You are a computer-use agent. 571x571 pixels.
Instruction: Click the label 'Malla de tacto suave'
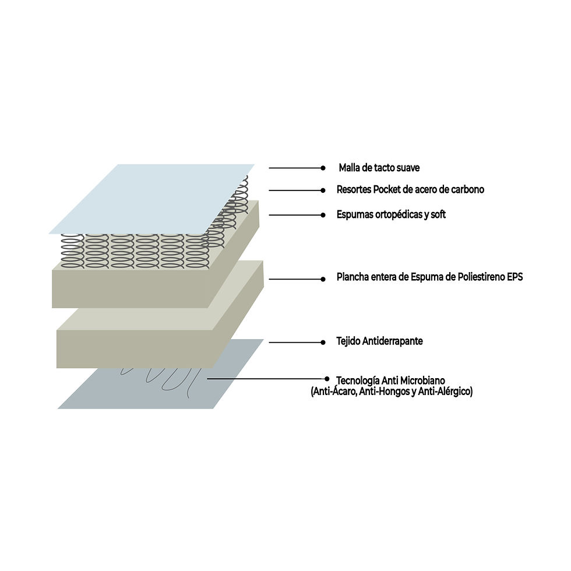point(379,168)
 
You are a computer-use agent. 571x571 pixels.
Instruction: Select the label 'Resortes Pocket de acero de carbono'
point(410,190)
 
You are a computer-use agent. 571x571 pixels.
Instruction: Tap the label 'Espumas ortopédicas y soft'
point(391,214)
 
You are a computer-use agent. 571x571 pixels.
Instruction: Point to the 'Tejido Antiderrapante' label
point(379,341)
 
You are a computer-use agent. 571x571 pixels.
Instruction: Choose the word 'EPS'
point(515,277)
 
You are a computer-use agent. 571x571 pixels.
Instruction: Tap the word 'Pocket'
point(386,190)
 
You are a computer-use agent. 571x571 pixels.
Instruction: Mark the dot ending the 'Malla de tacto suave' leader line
point(323,168)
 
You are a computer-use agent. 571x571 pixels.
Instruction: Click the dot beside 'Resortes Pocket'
point(323,190)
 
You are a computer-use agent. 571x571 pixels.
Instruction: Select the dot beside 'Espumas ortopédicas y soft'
point(323,215)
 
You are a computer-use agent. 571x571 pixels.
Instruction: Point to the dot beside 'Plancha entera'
point(323,279)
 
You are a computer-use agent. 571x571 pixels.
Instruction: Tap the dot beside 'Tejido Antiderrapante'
point(323,343)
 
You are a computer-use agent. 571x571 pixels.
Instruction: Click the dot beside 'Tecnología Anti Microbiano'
point(327,379)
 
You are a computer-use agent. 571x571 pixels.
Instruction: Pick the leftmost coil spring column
point(72,251)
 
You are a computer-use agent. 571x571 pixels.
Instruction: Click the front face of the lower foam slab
point(135,349)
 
